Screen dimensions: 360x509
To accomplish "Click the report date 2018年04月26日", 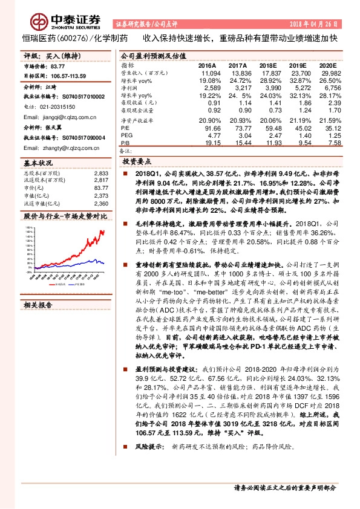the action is pos(315,24).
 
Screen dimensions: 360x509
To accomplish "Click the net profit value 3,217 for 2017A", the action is pos(237,88).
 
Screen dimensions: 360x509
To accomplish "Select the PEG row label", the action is pos(126,136).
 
